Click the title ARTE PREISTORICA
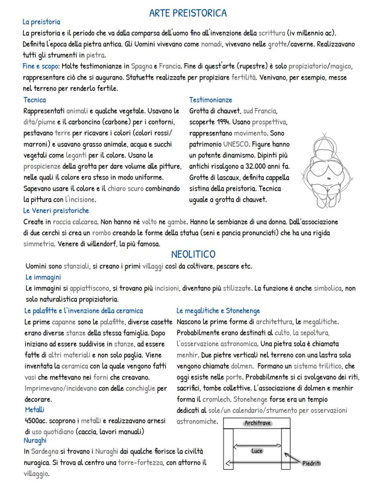(188, 13)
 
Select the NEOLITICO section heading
(193, 254)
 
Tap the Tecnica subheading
(35, 100)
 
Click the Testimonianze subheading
(210, 100)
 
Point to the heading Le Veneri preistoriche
(56, 211)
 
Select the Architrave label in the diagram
(257, 423)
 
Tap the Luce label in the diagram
(257, 451)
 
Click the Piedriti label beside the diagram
(311, 463)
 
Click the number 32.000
(255, 166)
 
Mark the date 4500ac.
(36, 421)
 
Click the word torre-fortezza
(140, 463)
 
